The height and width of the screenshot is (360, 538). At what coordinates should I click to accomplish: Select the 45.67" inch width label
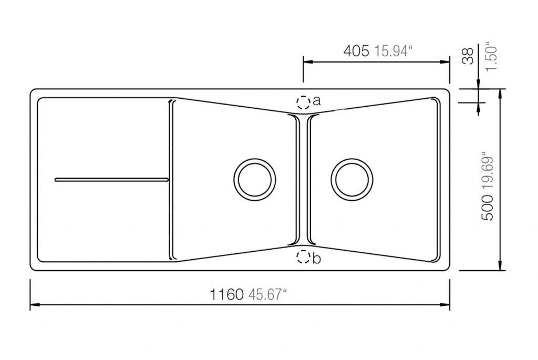(266, 294)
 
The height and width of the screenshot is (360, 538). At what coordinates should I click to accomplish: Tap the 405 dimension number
(357, 51)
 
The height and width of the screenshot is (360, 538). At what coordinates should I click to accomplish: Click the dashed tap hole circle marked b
(303, 257)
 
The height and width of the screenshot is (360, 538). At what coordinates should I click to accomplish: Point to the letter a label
(316, 101)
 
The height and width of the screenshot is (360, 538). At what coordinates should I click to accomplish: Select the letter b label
(316, 259)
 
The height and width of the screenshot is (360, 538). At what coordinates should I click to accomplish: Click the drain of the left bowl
(254, 179)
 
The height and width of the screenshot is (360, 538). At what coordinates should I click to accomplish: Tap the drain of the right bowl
(352, 179)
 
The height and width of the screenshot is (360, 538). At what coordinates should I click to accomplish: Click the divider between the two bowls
(303, 179)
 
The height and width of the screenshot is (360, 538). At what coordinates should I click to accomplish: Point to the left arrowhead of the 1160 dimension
(33, 304)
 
